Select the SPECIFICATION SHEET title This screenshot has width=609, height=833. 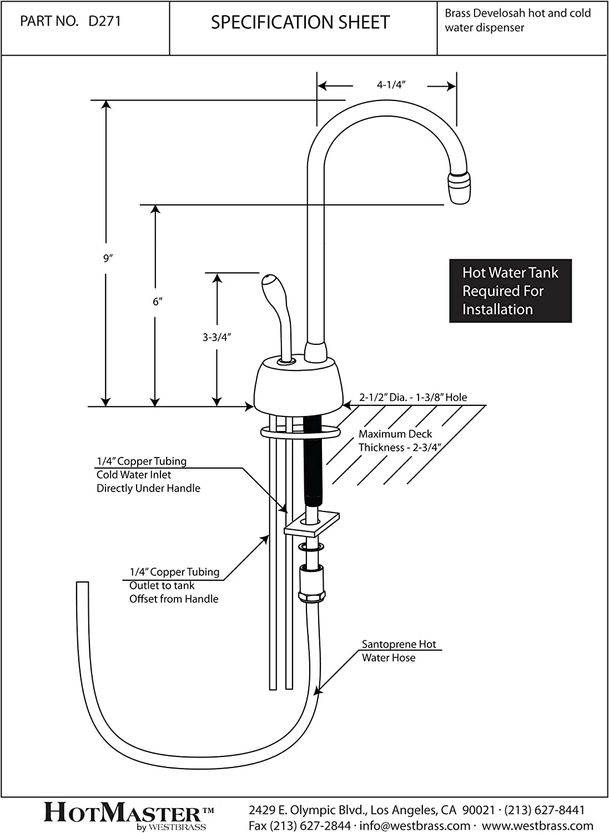[x=300, y=23]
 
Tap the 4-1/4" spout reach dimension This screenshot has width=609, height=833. [x=391, y=85]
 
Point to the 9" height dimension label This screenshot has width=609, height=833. [x=108, y=258]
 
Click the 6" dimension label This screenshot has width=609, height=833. [x=157, y=302]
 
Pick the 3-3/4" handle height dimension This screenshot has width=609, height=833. [x=217, y=337]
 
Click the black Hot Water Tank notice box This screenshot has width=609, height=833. [x=510, y=291]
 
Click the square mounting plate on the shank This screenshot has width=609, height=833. [x=311, y=524]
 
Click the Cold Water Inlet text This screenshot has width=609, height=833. [x=134, y=475]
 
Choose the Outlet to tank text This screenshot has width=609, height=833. [x=162, y=585]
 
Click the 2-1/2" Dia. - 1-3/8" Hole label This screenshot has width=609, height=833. [x=412, y=398]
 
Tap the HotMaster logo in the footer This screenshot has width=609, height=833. [x=128, y=814]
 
